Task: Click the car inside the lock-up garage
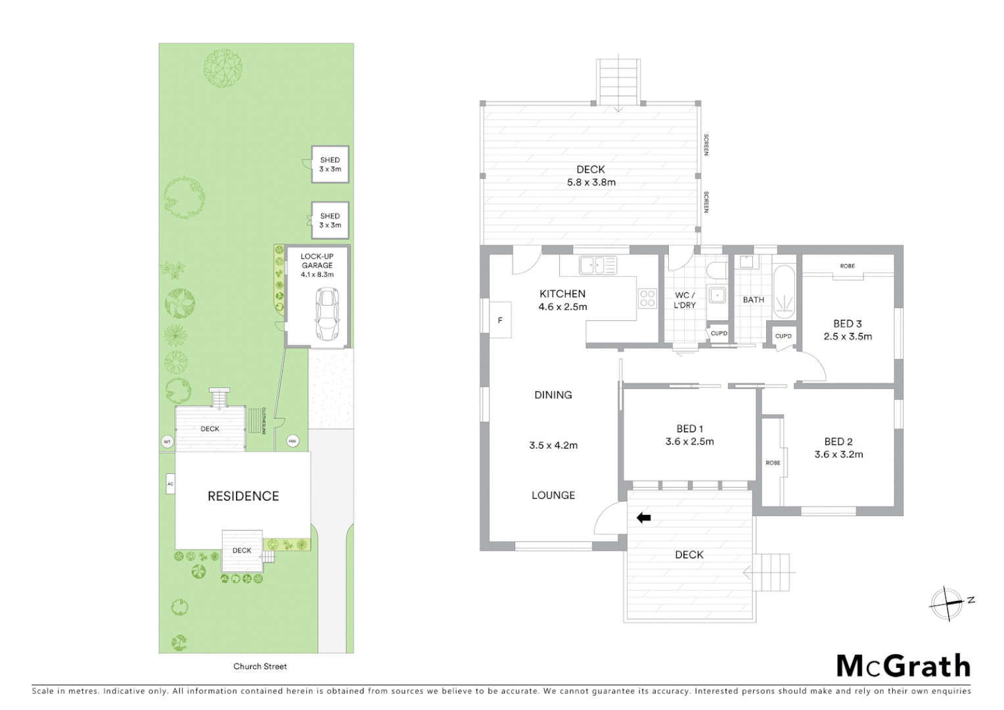click(327, 314)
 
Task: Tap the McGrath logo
click(903, 666)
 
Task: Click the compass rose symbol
click(947, 602)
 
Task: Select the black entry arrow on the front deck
click(643, 518)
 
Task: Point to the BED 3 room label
click(847, 323)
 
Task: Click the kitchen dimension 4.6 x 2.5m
click(562, 307)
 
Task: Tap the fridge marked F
click(500, 320)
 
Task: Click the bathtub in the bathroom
click(785, 293)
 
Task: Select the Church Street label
click(260, 666)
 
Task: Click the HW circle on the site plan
click(292, 441)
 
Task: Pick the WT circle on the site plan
click(167, 442)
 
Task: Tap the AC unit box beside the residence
click(170, 484)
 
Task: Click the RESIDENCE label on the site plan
click(243, 496)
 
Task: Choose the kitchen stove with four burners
click(647, 298)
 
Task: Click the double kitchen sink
click(597, 266)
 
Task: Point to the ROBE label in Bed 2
click(773, 463)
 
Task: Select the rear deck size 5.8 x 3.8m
click(591, 183)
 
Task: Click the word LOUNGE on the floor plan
click(553, 496)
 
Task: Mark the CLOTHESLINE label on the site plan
click(263, 421)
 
